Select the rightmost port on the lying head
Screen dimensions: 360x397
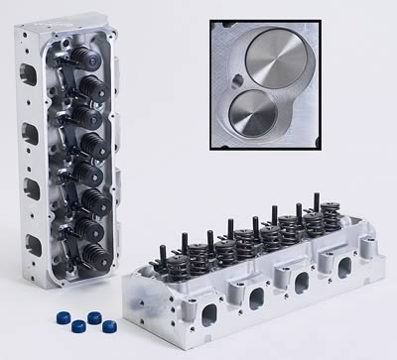(x=347, y=268)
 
